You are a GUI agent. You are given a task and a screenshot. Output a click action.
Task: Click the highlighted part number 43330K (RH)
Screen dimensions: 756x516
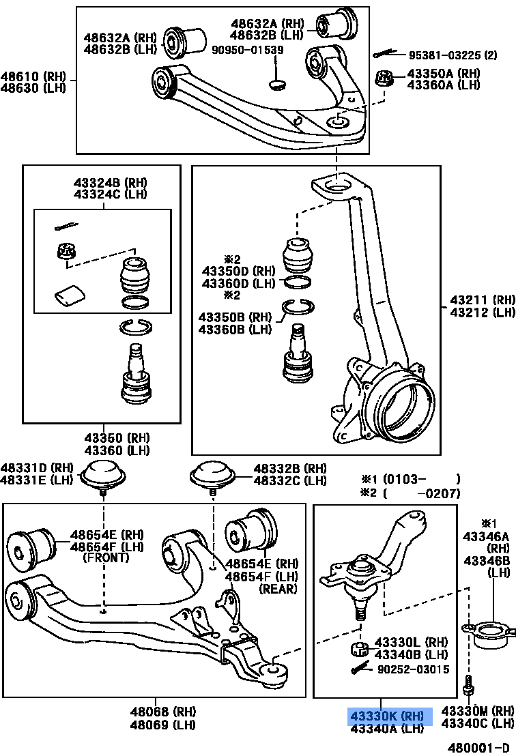[x=386, y=716]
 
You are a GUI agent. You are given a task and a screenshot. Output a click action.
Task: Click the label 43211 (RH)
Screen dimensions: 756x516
[x=482, y=300]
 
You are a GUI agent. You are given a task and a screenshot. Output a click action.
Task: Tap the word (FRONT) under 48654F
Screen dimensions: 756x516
[x=105, y=557]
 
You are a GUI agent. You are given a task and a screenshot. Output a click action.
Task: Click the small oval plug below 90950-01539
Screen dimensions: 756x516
[x=277, y=85]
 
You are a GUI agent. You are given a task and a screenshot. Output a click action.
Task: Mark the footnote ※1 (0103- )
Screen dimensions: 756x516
[x=410, y=479]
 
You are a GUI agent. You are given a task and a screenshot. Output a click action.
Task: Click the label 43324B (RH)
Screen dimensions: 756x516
[x=110, y=183]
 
